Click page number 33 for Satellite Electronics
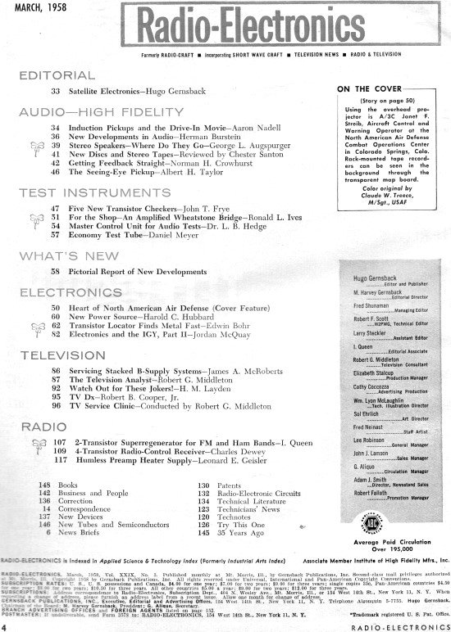pyautogui.click(x=57, y=91)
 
